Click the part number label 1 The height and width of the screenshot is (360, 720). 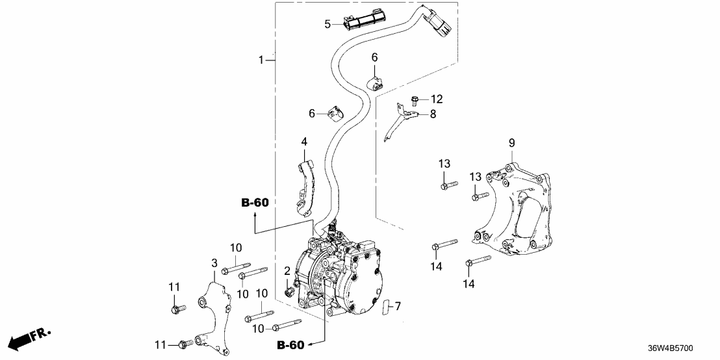(x=261, y=60)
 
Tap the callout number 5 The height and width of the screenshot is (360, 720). (x=328, y=25)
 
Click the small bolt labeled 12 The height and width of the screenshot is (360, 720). (x=415, y=99)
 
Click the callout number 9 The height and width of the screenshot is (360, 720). (x=511, y=142)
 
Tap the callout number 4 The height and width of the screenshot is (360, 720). (x=303, y=141)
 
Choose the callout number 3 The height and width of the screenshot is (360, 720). (x=214, y=262)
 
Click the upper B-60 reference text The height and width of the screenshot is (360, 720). (x=255, y=203)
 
